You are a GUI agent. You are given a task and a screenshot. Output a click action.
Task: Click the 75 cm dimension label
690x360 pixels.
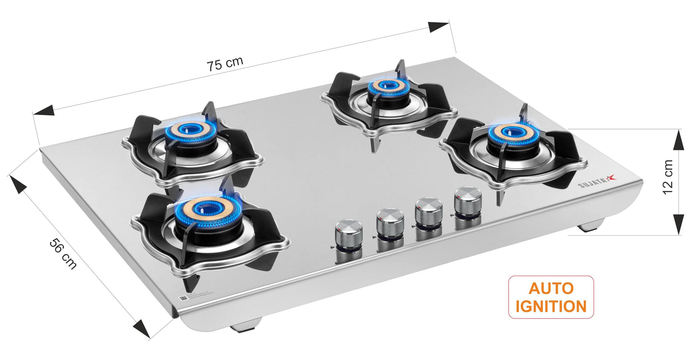click(225, 64)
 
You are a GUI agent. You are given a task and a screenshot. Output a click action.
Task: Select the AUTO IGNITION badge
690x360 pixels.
click(551, 297)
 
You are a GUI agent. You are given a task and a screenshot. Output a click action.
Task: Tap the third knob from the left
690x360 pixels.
click(428, 212)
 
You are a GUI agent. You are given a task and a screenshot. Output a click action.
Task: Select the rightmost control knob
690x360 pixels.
click(468, 201)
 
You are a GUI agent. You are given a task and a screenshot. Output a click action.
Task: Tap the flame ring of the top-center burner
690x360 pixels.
click(384, 86)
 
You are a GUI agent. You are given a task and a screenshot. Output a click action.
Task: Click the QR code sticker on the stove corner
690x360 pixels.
click(182, 298)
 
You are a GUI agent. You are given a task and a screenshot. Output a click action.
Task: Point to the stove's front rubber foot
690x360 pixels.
click(246, 328)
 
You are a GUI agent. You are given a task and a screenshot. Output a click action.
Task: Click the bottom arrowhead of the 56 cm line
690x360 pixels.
click(142, 328)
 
